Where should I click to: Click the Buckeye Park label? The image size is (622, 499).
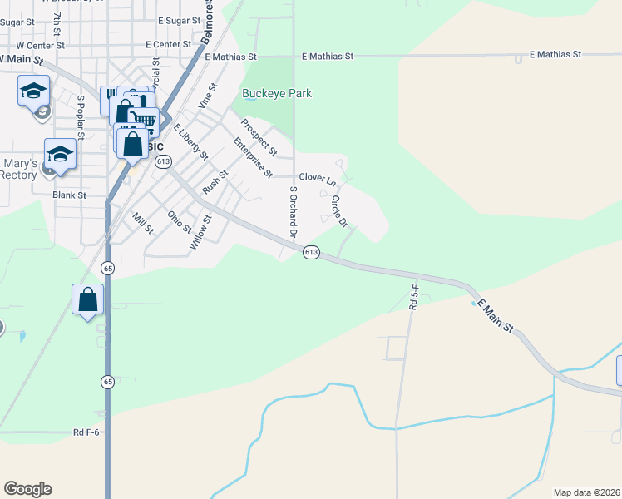coord(276,94)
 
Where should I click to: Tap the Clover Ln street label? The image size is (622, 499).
coord(317,179)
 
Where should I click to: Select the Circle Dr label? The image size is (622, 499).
coord(338,210)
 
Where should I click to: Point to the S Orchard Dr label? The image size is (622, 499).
coord(293,211)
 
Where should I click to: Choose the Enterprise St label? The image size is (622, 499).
coord(253,158)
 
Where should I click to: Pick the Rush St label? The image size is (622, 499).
coord(215,180)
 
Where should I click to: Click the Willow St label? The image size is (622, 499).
coord(200,230)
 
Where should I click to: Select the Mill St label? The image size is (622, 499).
coord(143,223)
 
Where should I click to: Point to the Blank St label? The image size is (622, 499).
coord(69,195)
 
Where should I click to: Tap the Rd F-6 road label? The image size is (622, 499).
coord(86,432)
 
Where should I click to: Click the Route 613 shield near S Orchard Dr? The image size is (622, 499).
coord(311,252)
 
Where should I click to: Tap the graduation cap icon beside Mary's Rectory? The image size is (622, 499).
coord(60,153)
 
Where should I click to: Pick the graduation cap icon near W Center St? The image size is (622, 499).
coord(33,90)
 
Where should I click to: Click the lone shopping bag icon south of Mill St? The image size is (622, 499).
coord(88,299)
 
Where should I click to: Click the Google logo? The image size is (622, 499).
coord(27,489)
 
